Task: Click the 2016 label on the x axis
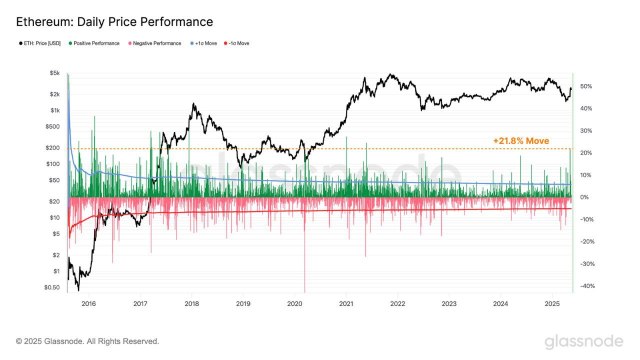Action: [88, 303]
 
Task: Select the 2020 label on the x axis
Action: [294, 303]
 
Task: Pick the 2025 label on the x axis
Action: [551, 303]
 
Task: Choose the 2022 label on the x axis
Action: [397, 303]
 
